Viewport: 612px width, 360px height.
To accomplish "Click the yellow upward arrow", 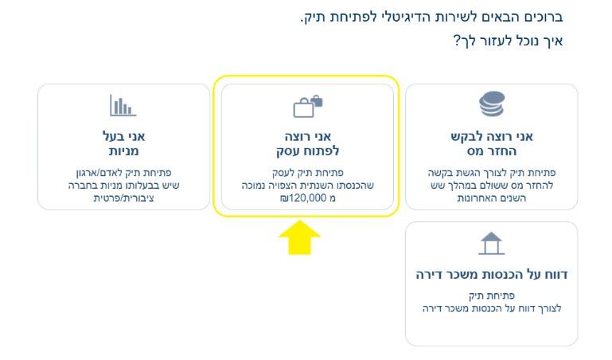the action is coord(299,237).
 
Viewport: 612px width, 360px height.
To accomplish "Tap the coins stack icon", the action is coord(492,104).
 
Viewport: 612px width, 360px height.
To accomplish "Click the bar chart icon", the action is coord(123,105).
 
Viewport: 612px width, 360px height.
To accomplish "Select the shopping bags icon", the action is coord(308,106).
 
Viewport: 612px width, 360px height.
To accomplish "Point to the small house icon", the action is coord(491,243).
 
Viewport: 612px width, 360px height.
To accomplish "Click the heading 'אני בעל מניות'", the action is coord(123,143).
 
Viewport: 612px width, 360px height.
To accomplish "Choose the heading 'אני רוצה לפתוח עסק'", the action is coord(307,143).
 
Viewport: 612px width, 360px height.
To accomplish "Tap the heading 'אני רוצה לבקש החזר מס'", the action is coord(492,143).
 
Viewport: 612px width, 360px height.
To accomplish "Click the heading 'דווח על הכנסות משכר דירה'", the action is coord(492,275).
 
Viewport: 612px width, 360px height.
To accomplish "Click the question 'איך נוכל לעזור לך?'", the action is coord(508,41).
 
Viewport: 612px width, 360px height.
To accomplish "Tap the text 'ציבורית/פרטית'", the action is coord(123,198).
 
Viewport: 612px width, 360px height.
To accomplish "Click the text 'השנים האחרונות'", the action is coord(492,198).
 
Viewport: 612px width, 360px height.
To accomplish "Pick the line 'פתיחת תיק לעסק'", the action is coord(307,173).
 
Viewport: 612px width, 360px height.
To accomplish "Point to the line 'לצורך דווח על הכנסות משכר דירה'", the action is coord(492,308).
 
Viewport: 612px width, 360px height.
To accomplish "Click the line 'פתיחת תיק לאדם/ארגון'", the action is coord(123,173).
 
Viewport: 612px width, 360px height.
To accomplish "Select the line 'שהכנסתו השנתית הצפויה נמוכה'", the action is coord(307,185).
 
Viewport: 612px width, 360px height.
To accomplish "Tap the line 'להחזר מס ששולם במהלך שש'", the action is coord(492,185).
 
